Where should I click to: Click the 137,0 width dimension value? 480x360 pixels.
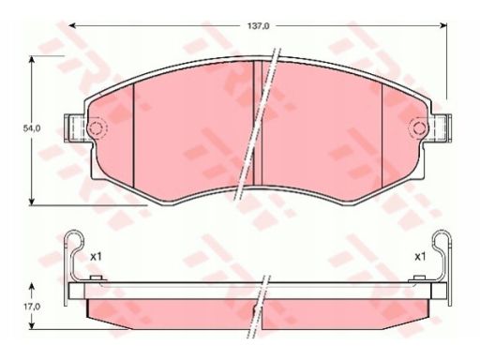tap(258, 26)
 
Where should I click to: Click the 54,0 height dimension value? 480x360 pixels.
tap(32, 128)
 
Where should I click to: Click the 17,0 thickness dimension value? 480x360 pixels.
tap(32, 307)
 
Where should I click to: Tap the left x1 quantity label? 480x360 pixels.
tap(96, 257)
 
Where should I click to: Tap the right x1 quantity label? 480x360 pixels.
tap(420, 257)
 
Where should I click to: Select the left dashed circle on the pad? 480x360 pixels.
tap(97, 127)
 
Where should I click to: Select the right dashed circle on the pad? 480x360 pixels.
tap(418, 127)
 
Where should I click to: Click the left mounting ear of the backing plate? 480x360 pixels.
tap(74, 128)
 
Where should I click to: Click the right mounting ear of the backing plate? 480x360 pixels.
tap(442, 128)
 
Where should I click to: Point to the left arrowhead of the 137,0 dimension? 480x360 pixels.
tap(72, 25)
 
